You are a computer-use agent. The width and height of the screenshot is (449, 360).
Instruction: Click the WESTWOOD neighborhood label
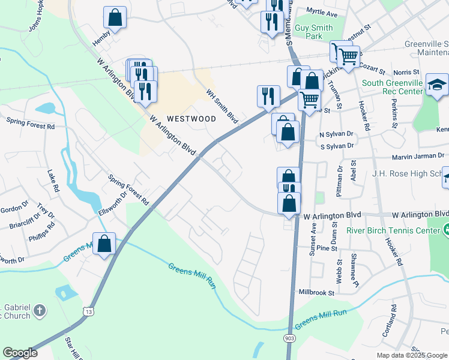tap(191, 119)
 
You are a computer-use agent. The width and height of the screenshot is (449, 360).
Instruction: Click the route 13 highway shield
tap(89, 311)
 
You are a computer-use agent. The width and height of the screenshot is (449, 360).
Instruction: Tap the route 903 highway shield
tap(289, 340)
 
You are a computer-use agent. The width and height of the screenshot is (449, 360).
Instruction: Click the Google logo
tap(20, 353)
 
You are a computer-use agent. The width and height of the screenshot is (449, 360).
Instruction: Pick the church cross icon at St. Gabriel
tap(40, 310)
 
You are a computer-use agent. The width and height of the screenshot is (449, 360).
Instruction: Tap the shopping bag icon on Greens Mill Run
tap(104, 244)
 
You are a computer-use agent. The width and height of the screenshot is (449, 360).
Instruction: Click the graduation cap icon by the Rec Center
tap(437, 85)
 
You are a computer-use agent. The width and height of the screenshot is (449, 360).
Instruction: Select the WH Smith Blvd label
tap(222, 107)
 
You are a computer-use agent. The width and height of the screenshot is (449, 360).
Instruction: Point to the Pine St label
tap(327, 248)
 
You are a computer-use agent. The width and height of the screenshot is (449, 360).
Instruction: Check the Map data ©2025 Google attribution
tap(412, 355)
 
